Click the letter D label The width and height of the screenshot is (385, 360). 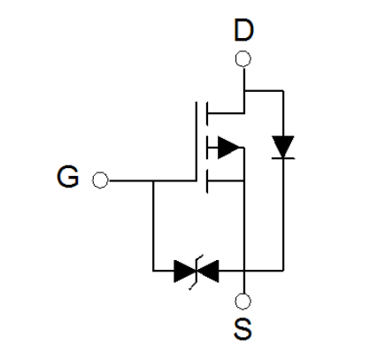pos(243,30)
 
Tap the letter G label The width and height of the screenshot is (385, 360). pos(68,177)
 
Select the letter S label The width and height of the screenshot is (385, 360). pos(243,329)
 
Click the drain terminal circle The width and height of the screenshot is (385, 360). pos(243,58)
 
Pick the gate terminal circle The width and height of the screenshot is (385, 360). pos(100,180)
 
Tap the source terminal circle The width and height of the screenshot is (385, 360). pos(243,302)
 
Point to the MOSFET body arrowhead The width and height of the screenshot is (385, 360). pos(228,148)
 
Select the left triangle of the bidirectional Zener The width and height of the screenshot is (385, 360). pos(185,271)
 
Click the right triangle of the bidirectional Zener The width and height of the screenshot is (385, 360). pos(208,271)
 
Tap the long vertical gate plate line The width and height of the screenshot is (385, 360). pos(196,142)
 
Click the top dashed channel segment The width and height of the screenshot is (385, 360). pos(207,113)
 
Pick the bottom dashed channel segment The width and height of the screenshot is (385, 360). pos(207,181)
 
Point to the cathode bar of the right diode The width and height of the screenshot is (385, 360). pos(283,158)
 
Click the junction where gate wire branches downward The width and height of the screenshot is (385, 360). pos(153,180)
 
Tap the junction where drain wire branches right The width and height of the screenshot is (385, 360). pos(244,90)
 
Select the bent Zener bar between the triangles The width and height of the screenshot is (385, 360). pos(196,272)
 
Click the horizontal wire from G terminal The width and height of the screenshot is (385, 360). pos(152,180)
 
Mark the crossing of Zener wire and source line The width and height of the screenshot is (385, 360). pos(244,271)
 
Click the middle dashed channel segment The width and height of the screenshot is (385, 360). pos(207,148)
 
